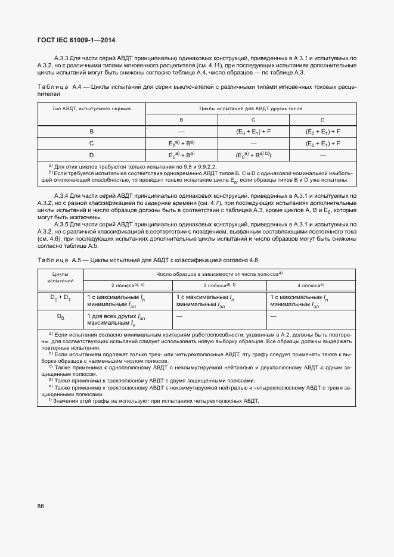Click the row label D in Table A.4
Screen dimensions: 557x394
pyautogui.click(x=92, y=155)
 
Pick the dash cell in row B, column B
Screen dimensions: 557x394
pyautogui.click(x=181, y=131)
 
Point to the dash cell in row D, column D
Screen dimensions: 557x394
pyautogui.click(x=322, y=155)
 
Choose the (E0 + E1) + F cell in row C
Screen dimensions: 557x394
pyautogui.click(x=322, y=143)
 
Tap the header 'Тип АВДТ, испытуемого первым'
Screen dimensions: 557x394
pyautogui.click(x=92, y=109)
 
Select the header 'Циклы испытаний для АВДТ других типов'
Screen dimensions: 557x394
pyautogui.click(x=251, y=109)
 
